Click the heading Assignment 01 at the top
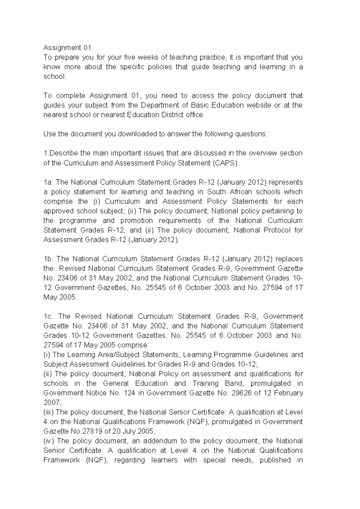(x=67, y=48)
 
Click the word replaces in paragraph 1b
(x=289, y=259)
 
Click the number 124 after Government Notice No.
(x=129, y=393)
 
